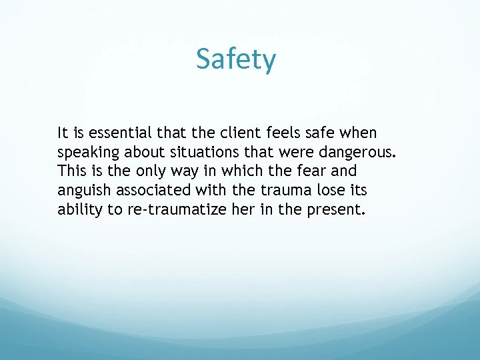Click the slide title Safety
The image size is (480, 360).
click(x=235, y=60)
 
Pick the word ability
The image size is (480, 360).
click(x=80, y=211)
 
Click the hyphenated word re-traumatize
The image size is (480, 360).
click(x=175, y=211)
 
